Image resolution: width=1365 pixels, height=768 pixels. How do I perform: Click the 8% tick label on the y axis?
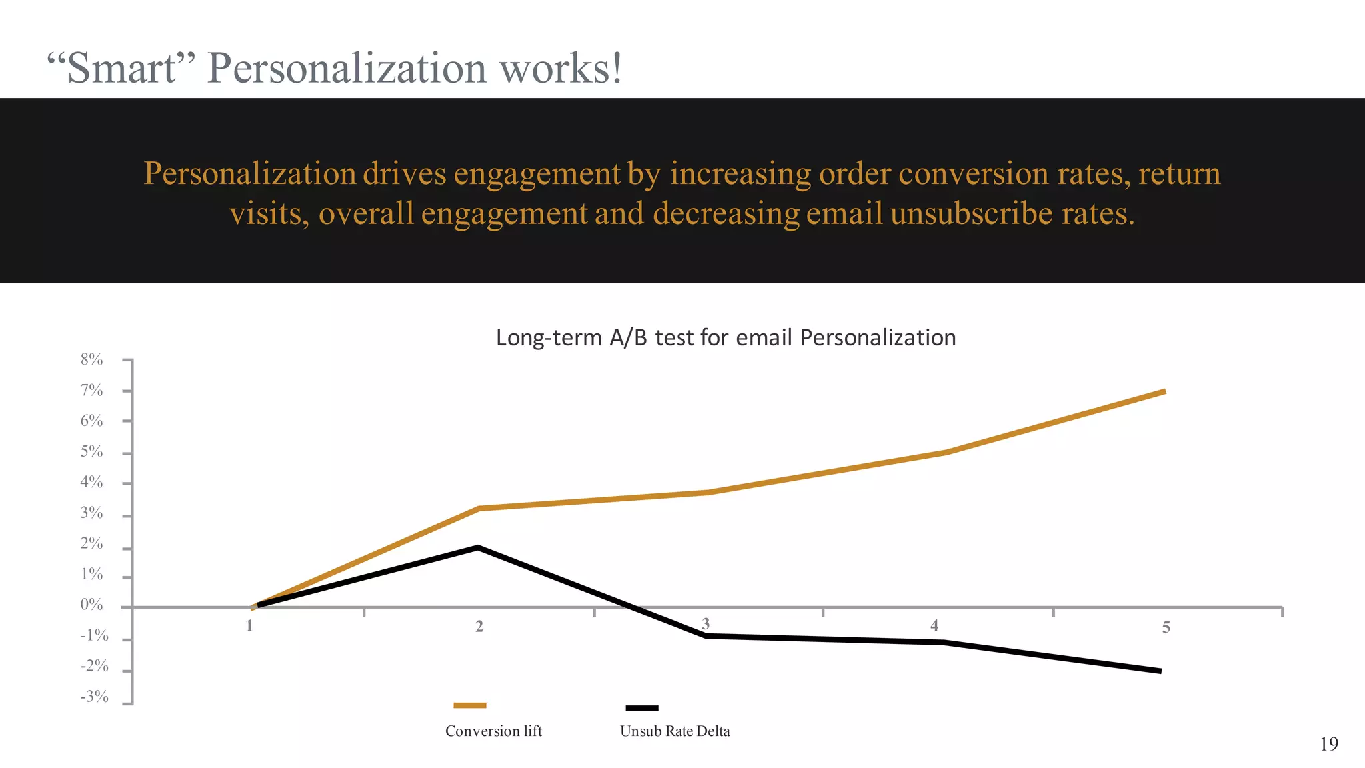coord(91,360)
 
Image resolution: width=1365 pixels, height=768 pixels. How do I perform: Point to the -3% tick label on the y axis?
coord(94,697)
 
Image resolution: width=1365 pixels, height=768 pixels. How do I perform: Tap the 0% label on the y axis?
coord(91,605)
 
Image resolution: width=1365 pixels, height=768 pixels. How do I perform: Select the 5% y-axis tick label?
coord(91,452)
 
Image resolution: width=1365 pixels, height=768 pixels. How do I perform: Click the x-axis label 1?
coord(249,626)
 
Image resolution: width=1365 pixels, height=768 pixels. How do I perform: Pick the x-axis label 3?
coord(706,624)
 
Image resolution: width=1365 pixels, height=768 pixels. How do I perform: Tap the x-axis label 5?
coord(1166,627)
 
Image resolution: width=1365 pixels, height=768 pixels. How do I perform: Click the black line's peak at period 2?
coord(478,548)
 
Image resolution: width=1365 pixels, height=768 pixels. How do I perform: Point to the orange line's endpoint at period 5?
coord(1164,392)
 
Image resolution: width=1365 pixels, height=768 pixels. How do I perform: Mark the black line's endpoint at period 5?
coord(1160,671)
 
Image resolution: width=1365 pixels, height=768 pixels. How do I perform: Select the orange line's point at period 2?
coord(479,509)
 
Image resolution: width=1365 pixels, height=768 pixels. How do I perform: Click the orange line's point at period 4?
coord(946,453)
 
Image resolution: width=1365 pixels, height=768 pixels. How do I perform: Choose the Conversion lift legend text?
coord(493,731)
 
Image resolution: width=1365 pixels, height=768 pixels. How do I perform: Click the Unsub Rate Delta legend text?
coord(675,731)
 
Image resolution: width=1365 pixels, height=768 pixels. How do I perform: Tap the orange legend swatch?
coord(469,705)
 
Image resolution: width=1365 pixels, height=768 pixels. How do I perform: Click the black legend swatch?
coord(641,708)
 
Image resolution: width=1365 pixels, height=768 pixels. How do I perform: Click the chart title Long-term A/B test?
coord(725,338)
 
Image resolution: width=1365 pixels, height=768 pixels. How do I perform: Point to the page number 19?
coord(1328,744)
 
